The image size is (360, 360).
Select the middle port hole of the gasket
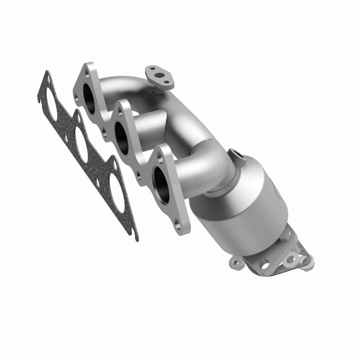tap(81, 144)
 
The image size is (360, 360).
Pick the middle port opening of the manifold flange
tap(121, 133)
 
